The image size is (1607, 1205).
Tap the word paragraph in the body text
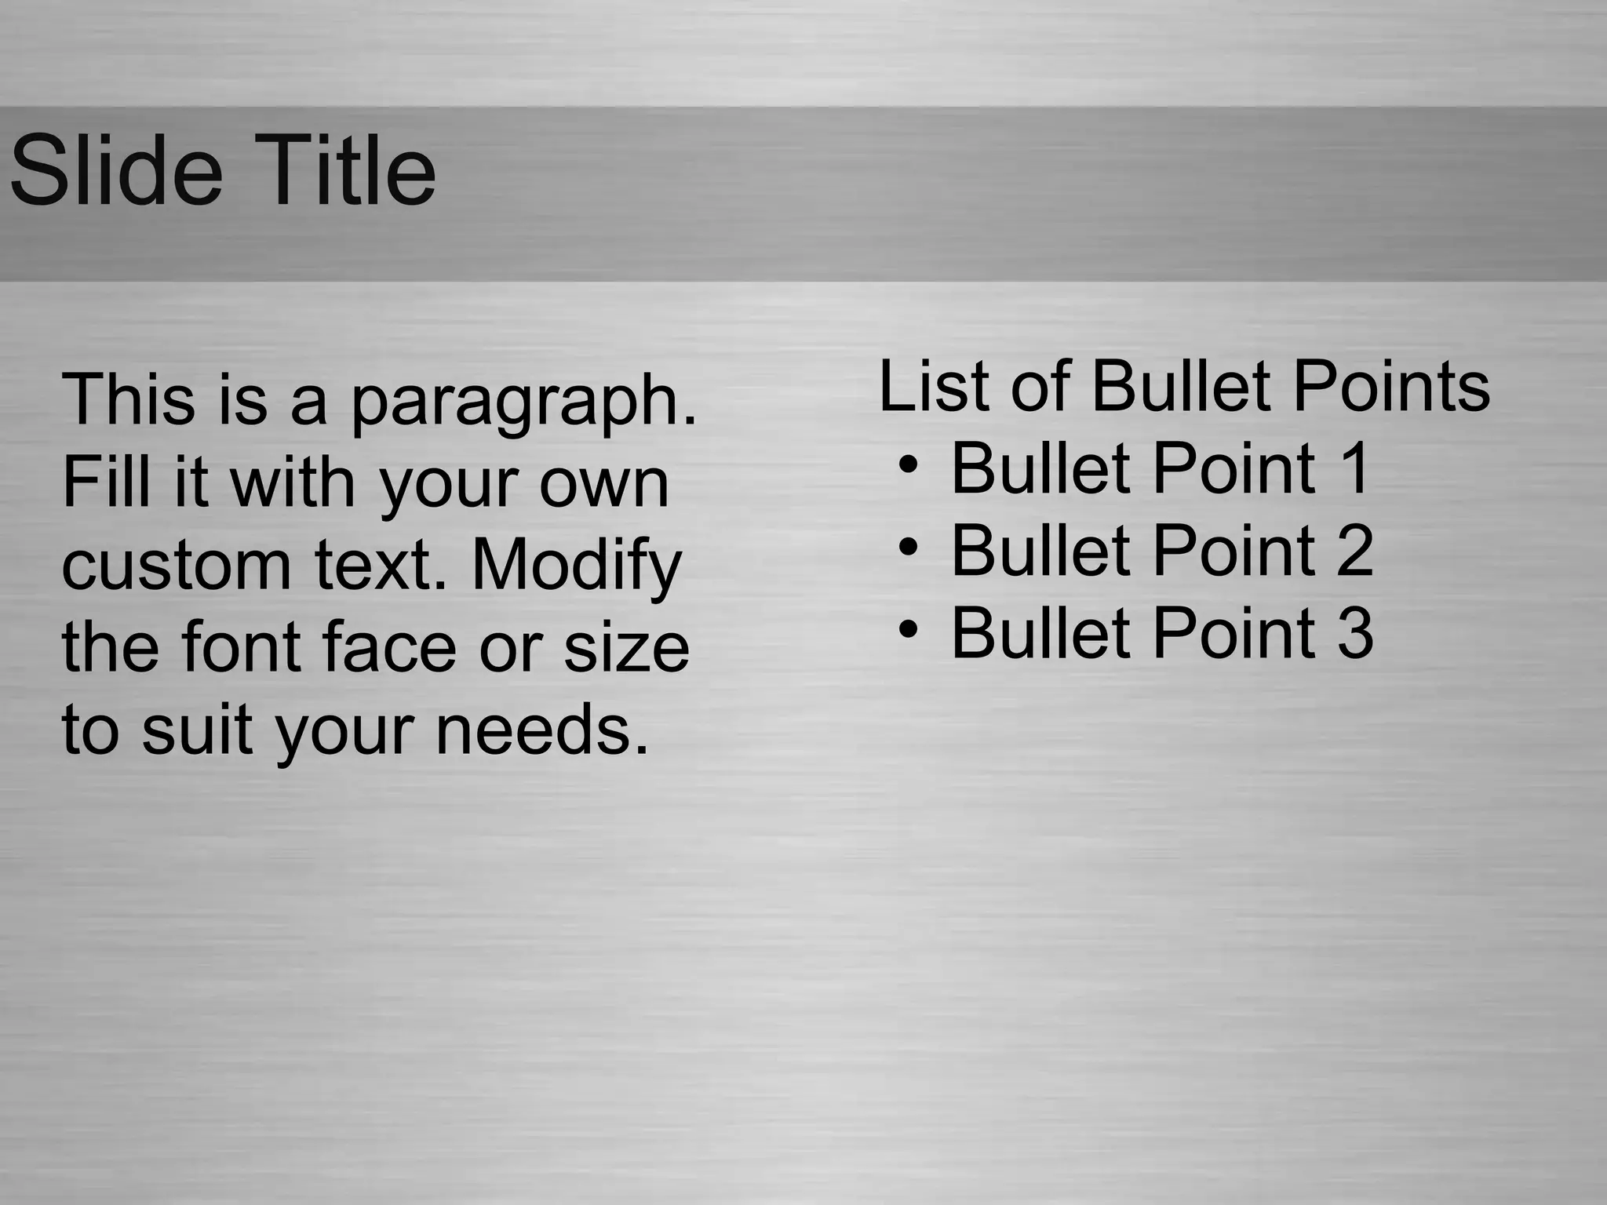tap(523, 402)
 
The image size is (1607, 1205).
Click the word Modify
tap(577, 566)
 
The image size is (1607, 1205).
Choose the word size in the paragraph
tap(626, 648)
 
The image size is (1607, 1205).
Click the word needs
tap(542, 730)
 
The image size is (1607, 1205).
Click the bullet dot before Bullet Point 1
tap(908, 464)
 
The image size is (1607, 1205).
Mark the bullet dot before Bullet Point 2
tap(908, 546)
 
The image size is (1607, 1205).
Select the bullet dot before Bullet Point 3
tap(908, 628)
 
